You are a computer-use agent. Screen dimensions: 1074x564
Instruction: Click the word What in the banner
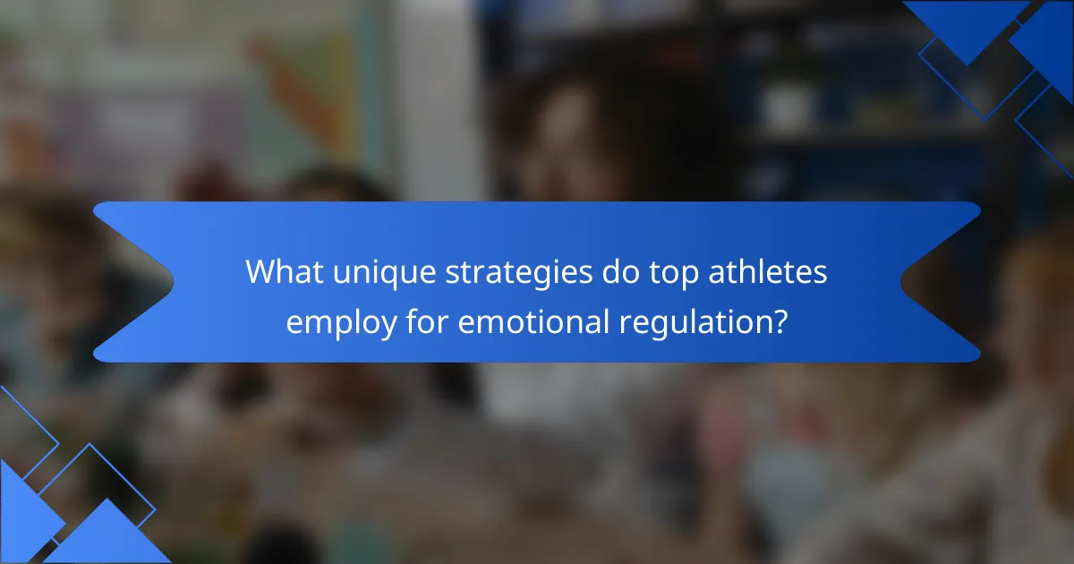pyautogui.click(x=285, y=272)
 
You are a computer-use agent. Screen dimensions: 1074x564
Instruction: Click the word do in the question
pyautogui.click(x=621, y=272)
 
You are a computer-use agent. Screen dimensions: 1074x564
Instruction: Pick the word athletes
pyautogui.click(x=768, y=272)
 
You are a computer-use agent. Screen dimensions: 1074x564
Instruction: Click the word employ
pyautogui.click(x=341, y=324)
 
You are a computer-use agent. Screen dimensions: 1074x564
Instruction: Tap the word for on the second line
pyautogui.click(x=427, y=321)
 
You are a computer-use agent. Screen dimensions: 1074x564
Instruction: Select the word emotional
pyautogui.click(x=533, y=321)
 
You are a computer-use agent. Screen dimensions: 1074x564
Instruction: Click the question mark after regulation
pyautogui.click(x=780, y=321)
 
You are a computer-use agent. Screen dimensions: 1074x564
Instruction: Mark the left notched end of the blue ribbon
pyautogui.click(x=174, y=281)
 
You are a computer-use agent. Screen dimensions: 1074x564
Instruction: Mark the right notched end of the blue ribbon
pyautogui.click(x=901, y=281)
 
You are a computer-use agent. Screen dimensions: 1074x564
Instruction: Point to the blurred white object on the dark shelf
pyautogui.click(x=787, y=108)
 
